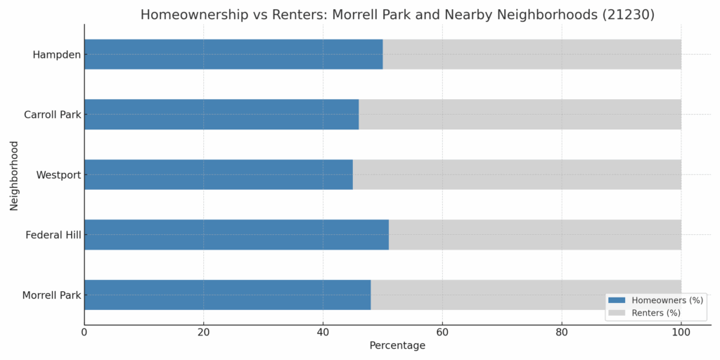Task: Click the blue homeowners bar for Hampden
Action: pos(233,54)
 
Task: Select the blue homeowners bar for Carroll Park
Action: pos(221,115)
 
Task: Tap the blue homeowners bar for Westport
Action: pos(218,174)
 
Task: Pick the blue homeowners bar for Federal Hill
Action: pos(236,235)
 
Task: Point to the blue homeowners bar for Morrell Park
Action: pos(227,295)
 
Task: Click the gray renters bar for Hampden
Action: pos(532,54)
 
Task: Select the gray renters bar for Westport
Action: pos(517,174)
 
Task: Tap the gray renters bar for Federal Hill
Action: pos(534,235)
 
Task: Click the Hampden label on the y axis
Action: pos(56,55)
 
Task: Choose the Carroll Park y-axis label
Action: pos(52,115)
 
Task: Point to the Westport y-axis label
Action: pos(58,174)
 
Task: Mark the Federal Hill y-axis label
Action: pos(53,235)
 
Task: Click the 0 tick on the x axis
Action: pos(84,332)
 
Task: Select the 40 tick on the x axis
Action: pos(323,332)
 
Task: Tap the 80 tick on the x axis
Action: pos(562,332)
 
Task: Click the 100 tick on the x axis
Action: pos(681,332)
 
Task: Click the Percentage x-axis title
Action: pos(397,346)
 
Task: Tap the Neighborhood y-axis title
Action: pos(14,175)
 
